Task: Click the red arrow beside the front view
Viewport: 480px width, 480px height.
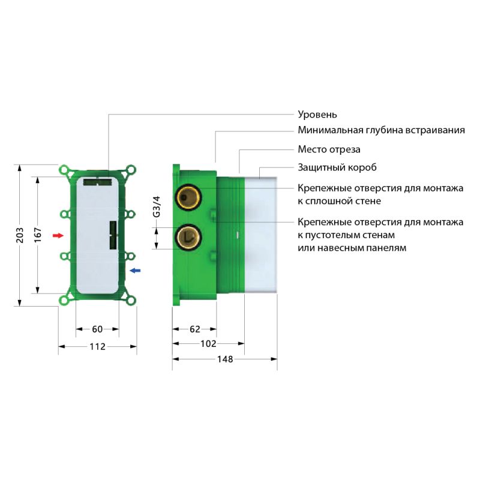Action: pyautogui.click(x=58, y=235)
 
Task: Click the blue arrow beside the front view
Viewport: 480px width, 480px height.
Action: pyautogui.click(x=136, y=271)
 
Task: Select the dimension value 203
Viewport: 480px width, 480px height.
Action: pyautogui.click(x=19, y=234)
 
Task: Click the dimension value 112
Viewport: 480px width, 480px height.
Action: pyautogui.click(x=97, y=346)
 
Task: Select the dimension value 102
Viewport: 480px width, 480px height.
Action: pyautogui.click(x=208, y=344)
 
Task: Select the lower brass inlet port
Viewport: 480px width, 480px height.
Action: pyautogui.click(x=188, y=238)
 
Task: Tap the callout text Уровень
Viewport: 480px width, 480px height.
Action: pyautogui.click(x=318, y=114)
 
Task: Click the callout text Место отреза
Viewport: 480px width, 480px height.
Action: pyautogui.click(x=329, y=149)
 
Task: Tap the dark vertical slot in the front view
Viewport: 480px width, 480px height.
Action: pyautogui.click(x=112, y=236)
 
